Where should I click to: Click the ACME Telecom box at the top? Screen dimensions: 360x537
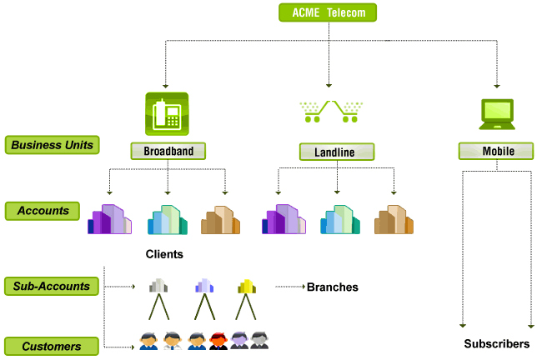(x=328, y=12)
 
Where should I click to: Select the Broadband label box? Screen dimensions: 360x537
(x=168, y=151)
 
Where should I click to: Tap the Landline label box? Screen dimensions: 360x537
(x=337, y=152)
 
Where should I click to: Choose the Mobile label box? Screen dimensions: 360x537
(x=497, y=151)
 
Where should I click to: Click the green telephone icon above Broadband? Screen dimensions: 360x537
(x=167, y=111)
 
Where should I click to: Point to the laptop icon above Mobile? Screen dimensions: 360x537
(x=497, y=114)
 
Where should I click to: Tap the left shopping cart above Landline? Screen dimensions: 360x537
(x=312, y=111)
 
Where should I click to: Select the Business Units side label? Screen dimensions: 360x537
(x=52, y=145)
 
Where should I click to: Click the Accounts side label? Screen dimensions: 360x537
(x=43, y=211)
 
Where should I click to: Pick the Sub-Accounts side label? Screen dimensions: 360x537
(x=52, y=287)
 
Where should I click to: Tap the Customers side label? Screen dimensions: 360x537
(x=52, y=346)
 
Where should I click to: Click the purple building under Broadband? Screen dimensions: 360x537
(x=109, y=219)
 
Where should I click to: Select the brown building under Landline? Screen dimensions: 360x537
(x=394, y=219)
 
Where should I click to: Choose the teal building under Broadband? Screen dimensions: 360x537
(x=168, y=219)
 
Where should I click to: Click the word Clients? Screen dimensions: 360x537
(x=163, y=254)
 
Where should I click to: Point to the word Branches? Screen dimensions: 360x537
(x=332, y=287)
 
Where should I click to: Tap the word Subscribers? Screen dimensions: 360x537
(x=496, y=343)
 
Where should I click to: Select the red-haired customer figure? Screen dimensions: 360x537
(x=219, y=340)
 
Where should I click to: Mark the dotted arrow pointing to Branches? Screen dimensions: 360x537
(x=289, y=287)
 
